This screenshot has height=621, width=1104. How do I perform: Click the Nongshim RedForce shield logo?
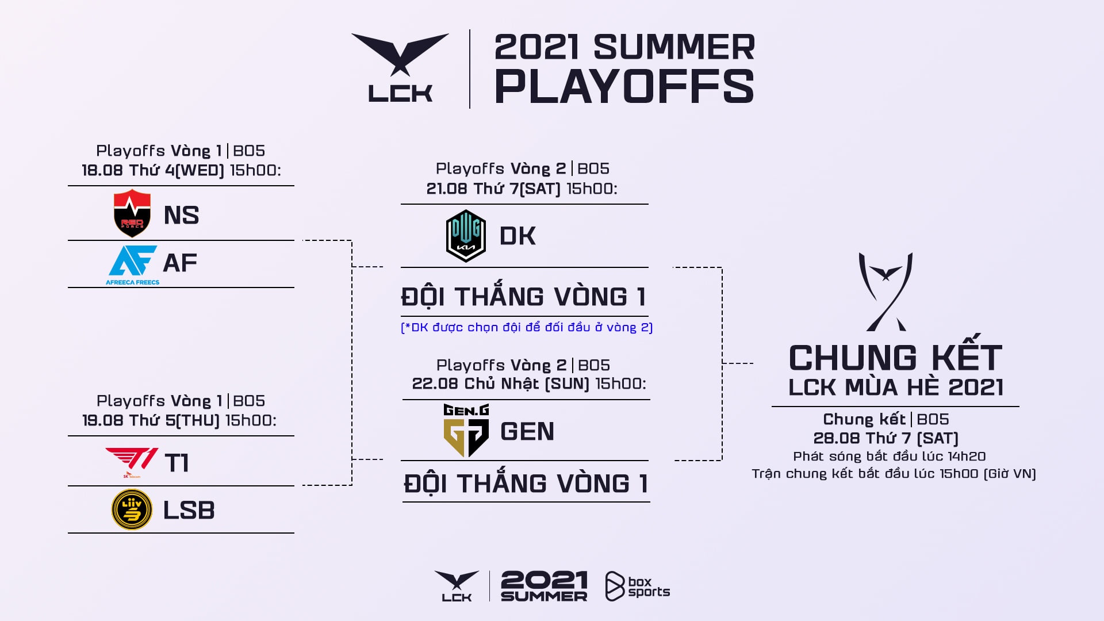pyautogui.click(x=132, y=213)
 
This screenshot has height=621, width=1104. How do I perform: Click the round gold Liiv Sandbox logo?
pyautogui.click(x=132, y=509)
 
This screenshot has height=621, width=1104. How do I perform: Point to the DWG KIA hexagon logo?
pyautogui.click(x=466, y=236)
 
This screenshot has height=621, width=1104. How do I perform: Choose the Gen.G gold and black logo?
pyautogui.click(x=466, y=431)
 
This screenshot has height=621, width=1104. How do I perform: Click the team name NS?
pyautogui.click(x=181, y=216)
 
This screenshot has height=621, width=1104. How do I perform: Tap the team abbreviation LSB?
pyautogui.click(x=189, y=511)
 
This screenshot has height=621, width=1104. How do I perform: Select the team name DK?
pyautogui.click(x=517, y=236)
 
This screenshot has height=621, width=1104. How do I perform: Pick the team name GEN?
pyautogui.click(x=527, y=432)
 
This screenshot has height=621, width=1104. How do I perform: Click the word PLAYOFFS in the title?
pyautogui.click(x=624, y=87)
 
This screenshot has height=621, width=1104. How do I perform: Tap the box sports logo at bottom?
pyautogui.click(x=637, y=586)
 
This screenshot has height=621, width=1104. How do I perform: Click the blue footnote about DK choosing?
pyautogui.click(x=527, y=327)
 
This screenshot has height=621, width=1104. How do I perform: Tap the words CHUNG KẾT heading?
pyautogui.click(x=895, y=358)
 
